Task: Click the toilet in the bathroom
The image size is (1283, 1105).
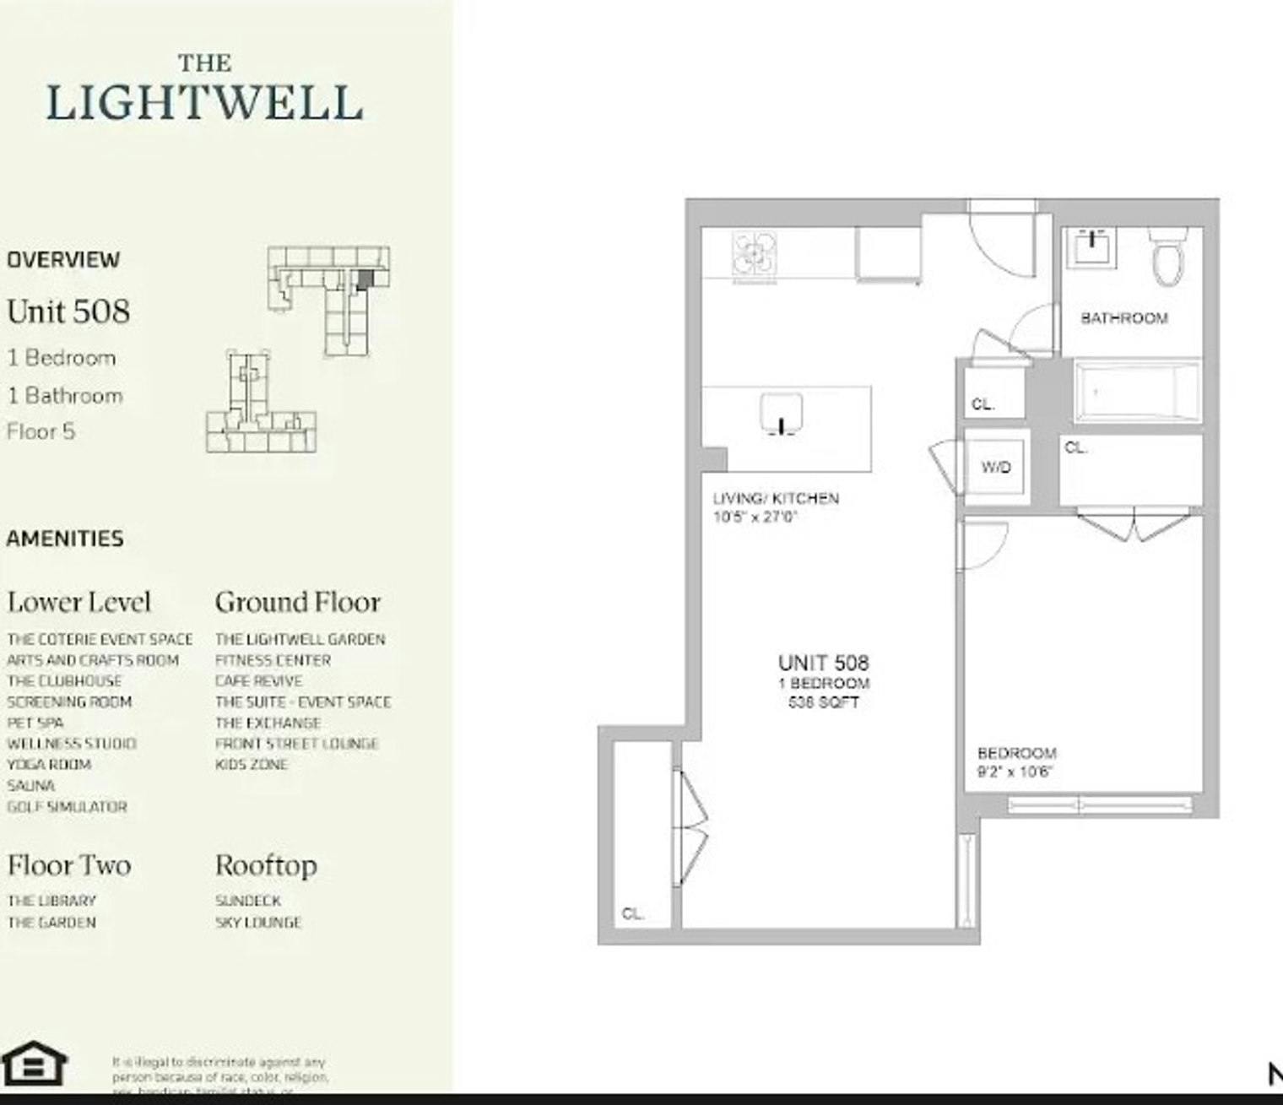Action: click(x=1168, y=257)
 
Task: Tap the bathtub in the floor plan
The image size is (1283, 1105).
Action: click(x=1136, y=391)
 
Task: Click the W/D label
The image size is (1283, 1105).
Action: click(x=996, y=467)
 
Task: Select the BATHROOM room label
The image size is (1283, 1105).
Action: click(x=1124, y=318)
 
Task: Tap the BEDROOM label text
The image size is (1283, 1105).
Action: click(x=1016, y=753)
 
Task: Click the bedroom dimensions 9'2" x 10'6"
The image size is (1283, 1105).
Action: click(x=1015, y=772)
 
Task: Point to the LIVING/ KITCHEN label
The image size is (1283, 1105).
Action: click(x=776, y=498)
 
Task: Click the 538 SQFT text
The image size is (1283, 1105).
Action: click(x=823, y=701)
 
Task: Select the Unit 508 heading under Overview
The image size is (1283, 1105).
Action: click(x=68, y=311)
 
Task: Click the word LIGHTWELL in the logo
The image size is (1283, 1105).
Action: click(x=204, y=103)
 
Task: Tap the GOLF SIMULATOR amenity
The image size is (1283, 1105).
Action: click(x=67, y=806)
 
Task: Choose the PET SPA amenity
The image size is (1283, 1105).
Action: click(x=35, y=723)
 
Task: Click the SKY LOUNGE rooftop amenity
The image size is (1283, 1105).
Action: click(x=257, y=923)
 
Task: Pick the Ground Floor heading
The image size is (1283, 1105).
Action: click(x=297, y=602)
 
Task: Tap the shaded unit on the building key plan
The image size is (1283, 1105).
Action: click(x=364, y=280)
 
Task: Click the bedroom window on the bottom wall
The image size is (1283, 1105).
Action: click(x=1100, y=804)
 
